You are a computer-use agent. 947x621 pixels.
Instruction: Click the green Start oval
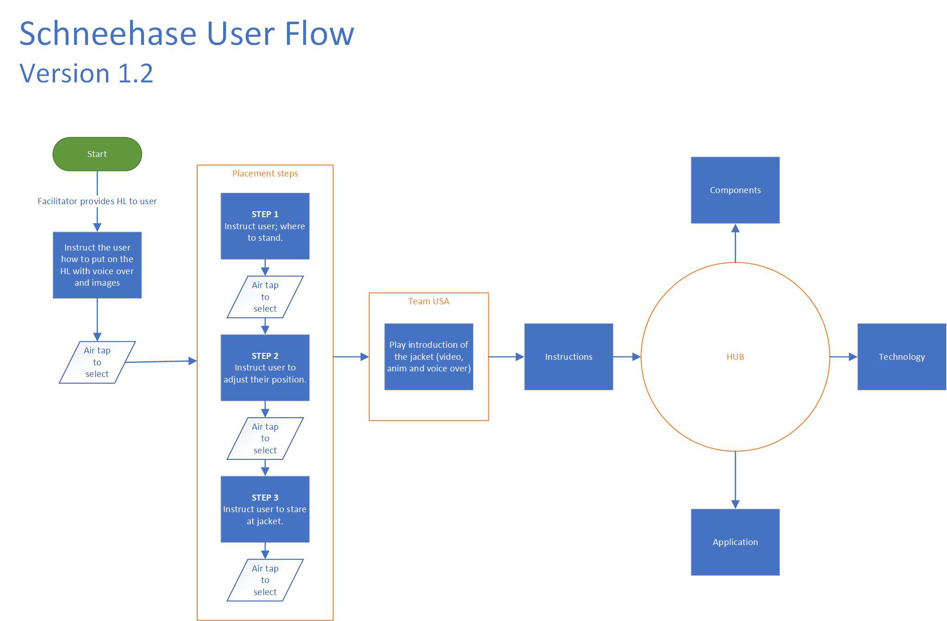(97, 154)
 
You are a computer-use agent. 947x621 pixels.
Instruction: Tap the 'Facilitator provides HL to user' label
(97, 201)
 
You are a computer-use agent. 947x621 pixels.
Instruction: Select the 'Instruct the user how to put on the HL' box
(97, 265)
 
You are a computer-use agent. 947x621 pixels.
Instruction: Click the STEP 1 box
(265, 226)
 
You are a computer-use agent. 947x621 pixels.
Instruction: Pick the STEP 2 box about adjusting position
(265, 368)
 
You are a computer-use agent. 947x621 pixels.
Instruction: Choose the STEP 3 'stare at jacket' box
(265, 509)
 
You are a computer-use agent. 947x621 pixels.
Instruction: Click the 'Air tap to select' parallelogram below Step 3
(265, 580)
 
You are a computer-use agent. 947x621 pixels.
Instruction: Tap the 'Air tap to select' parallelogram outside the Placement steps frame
(97, 362)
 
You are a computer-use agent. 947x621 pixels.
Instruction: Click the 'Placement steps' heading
(265, 173)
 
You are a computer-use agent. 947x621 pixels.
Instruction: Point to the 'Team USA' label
(428, 301)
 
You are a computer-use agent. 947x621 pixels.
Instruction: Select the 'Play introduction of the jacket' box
(428, 357)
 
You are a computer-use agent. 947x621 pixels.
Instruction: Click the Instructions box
(568, 357)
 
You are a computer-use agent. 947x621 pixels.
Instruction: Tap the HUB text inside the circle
(735, 357)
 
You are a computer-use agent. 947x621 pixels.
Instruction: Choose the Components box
(735, 190)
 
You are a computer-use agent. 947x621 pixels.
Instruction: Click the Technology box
(901, 357)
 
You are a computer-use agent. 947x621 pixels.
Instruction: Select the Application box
(735, 542)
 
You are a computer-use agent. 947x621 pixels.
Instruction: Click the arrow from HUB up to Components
(735, 243)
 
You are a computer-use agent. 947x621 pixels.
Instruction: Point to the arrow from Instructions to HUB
(627, 357)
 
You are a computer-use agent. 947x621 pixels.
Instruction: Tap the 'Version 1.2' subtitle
(86, 73)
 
